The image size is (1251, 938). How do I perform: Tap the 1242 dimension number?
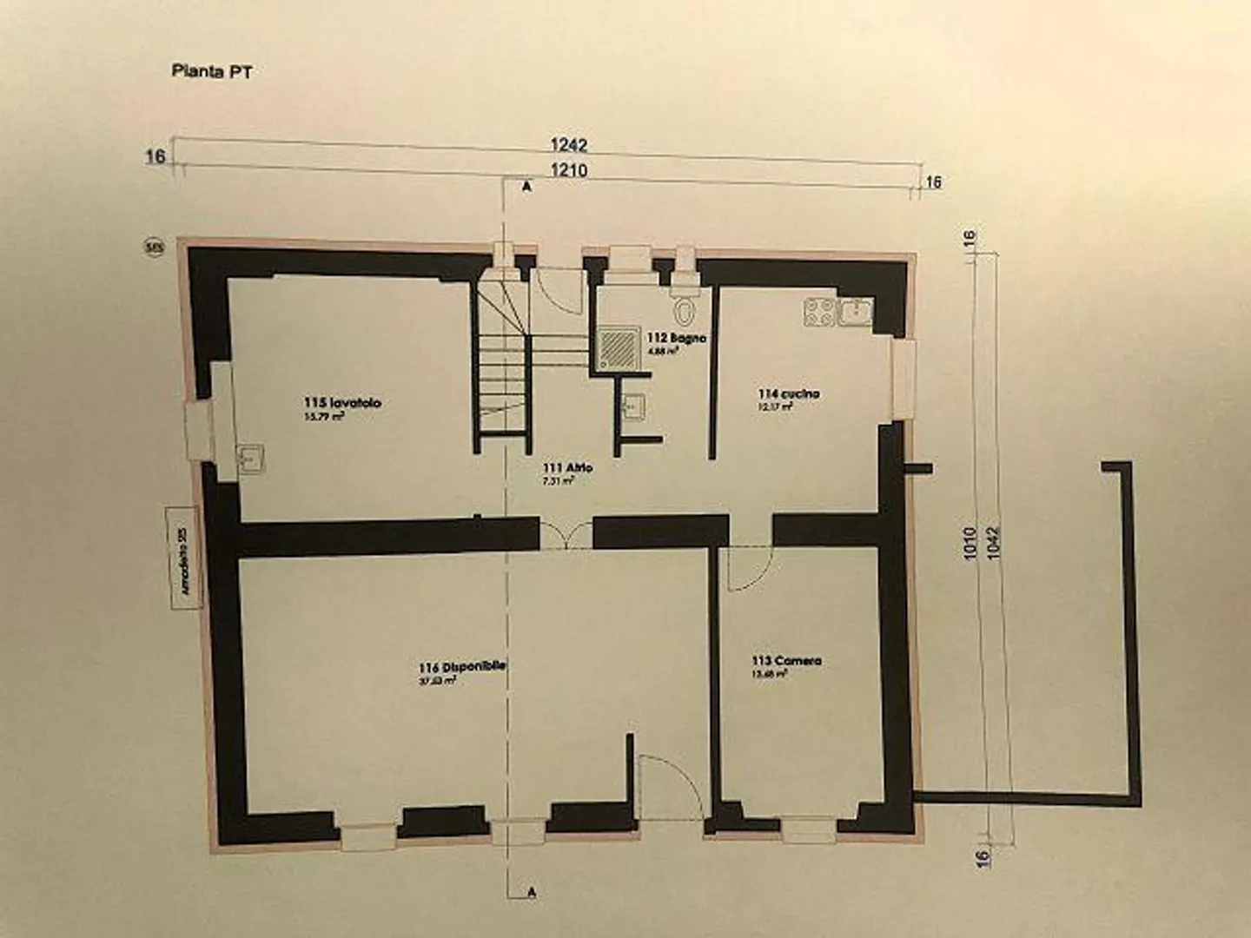click(569, 146)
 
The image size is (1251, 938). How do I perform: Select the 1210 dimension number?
click(569, 170)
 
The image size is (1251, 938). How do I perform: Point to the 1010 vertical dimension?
click(970, 543)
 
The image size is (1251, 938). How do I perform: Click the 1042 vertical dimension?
click(995, 543)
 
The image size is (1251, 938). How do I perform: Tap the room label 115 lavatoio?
click(342, 403)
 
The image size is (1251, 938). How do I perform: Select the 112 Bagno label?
click(676, 338)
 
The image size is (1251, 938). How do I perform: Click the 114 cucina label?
click(788, 394)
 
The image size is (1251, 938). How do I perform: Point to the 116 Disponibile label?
click(462, 667)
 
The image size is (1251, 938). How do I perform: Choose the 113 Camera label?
click(786, 661)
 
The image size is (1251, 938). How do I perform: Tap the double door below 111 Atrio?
click(566, 537)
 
